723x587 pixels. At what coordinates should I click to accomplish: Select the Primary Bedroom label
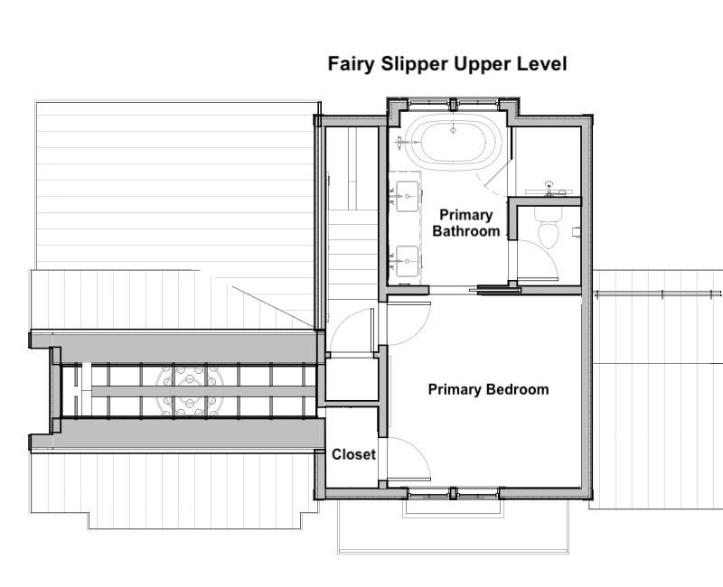click(488, 389)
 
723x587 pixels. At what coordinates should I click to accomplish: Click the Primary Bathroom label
click(466, 223)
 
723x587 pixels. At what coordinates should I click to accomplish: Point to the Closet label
click(353, 454)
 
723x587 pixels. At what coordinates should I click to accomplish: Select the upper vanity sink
click(408, 197)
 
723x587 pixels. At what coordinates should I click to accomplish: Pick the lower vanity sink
click(408, 261)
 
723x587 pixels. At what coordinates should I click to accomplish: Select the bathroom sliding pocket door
click(495, 290)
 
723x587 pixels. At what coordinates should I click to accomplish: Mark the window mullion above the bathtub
click(453, 104)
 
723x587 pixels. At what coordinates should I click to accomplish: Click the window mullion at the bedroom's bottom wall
click(453, 493)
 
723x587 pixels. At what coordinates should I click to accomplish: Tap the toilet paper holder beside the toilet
click(576, 232)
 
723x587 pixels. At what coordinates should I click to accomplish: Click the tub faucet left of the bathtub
click(402, 143)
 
